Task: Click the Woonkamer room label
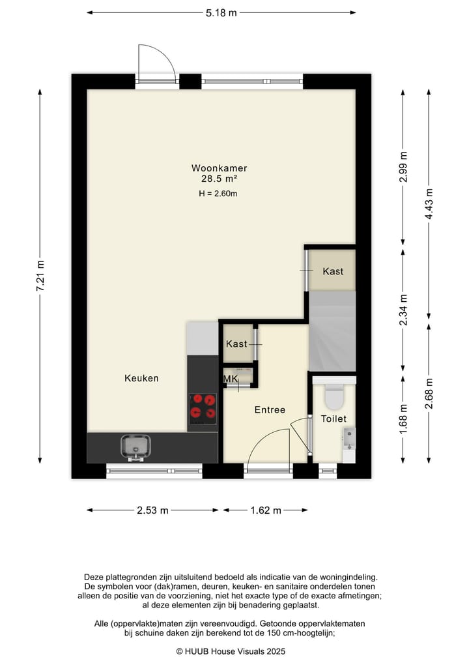219,168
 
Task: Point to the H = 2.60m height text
218,193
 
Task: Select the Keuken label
141,378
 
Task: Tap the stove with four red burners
203,407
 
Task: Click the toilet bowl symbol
334,396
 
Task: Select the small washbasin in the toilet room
348,437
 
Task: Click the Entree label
270,410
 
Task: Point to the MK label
231,379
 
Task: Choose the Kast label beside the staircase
333,271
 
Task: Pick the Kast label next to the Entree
236,344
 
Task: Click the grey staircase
332,331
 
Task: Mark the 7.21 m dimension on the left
40,276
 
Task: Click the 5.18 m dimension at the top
221,12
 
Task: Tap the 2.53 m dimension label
152,510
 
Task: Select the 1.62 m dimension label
266,510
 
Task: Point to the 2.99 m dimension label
404,165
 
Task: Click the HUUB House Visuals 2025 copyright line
231,651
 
